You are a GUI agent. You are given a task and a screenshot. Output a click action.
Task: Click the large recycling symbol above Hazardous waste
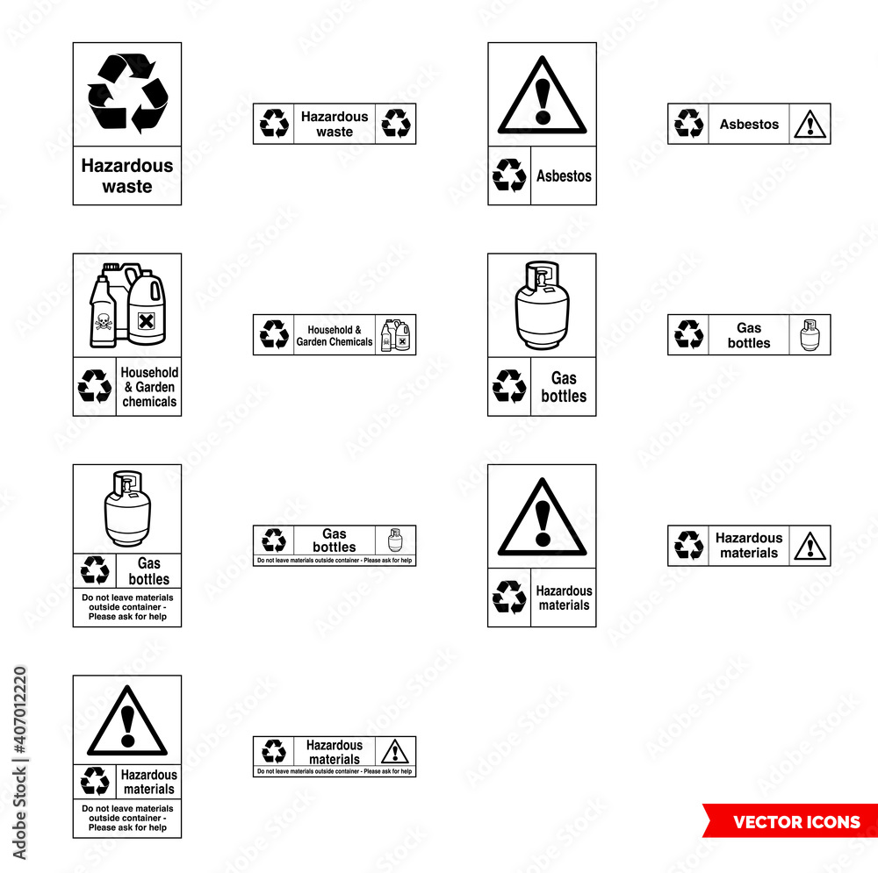[x=127, y=93]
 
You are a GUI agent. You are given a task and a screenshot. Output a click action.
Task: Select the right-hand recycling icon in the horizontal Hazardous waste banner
[x=396, y=124]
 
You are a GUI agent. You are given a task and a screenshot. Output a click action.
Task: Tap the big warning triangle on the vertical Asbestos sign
[x=542, y=96]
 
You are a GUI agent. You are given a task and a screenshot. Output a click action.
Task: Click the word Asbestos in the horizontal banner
[x=749, y=125]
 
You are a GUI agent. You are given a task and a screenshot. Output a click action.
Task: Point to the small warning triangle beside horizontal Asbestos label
[x=810, y=125]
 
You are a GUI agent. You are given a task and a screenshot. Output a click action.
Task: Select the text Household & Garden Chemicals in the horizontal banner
[x=334, y=335]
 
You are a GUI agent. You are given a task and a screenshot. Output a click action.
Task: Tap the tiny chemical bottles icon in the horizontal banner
[x=396, y=335]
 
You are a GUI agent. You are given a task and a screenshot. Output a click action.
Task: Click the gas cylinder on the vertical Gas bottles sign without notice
[x=542, y=305]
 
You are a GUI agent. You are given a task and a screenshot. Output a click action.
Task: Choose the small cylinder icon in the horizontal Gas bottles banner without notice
[x=810, y=335]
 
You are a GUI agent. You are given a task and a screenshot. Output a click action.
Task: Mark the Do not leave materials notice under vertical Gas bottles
[x=127, y=607]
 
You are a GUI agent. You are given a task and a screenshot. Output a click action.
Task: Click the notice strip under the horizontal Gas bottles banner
[x=335, y=561]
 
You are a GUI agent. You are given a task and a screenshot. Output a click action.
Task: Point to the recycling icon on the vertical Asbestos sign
[x=509, y=175]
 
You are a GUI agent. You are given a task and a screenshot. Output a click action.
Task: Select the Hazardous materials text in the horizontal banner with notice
[x=334, y=752]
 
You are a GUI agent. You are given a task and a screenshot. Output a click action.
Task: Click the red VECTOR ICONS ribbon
[x=790, y=822]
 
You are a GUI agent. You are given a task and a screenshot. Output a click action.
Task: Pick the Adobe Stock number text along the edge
[x=19, y=763]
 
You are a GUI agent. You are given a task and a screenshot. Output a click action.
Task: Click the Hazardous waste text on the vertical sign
[x=127, y=175]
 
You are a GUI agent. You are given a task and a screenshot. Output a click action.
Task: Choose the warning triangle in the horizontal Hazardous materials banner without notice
[x=810, y=546]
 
